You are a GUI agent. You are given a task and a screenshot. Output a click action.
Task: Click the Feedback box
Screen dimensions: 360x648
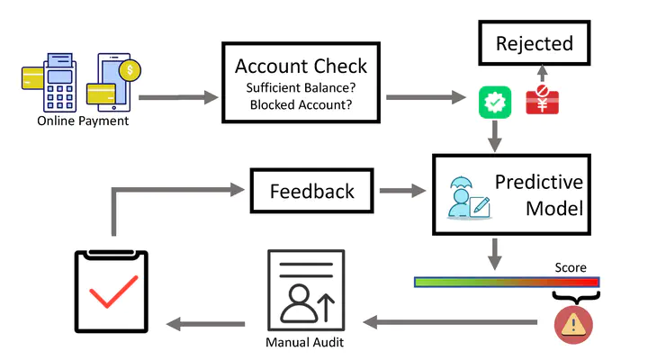tap(312, 191)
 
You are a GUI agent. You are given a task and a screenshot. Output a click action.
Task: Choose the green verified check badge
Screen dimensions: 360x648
tap(494, 101)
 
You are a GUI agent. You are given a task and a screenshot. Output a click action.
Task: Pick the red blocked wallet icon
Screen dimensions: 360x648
tap(542, 100)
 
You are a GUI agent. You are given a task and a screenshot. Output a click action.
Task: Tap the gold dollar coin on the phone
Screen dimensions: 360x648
tap(131, 68)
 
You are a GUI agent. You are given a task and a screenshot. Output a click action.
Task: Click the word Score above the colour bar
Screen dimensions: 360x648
tap(570, 267)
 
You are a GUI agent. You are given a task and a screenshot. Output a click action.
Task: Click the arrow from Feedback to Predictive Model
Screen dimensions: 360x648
tap(401, 191)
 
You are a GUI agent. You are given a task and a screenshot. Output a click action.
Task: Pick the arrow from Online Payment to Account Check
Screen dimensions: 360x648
tap(177, 95)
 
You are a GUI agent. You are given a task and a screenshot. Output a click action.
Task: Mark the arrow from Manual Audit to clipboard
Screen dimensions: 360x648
tap(208, 321)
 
